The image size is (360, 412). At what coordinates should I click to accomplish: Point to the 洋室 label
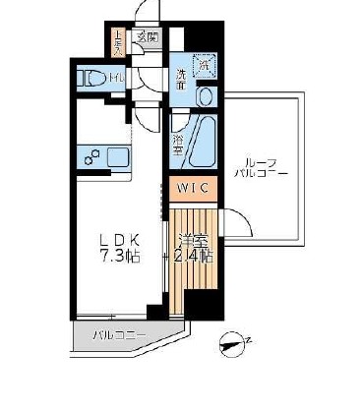click(192, 239)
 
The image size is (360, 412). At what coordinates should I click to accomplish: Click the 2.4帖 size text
click(192, 257)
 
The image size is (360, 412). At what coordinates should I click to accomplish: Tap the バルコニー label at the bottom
click(119, 336)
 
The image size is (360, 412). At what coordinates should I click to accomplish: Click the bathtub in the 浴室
click(200, 137)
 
